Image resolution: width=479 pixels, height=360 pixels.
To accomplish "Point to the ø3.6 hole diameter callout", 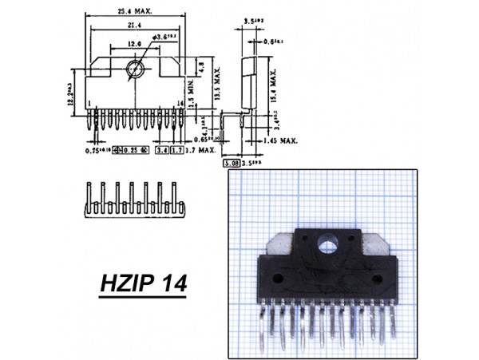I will pos(164,36).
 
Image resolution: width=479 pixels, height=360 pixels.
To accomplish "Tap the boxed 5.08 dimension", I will pos(228,160).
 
